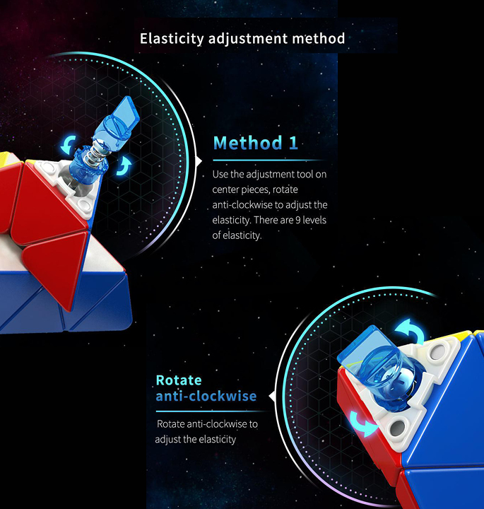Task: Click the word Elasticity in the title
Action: pos(172,39)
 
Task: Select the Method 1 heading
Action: pos(256,143)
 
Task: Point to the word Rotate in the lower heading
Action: pos(179,380)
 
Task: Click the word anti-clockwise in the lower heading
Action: pos(206,396)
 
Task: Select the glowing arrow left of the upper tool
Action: pos(69,145)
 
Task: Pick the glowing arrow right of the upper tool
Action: pos(125,165)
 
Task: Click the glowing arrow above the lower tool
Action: pos(411,330)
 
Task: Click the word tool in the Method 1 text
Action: pos(305,175)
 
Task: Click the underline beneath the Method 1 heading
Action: pos(268,160)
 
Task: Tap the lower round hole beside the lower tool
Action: pos(397,428)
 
